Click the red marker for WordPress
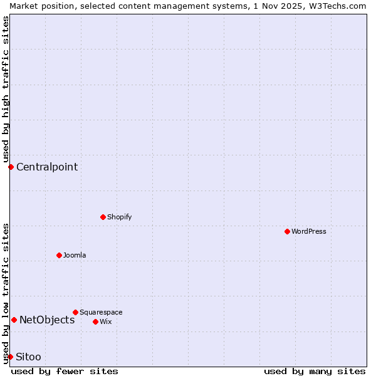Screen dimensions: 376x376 [287, 231]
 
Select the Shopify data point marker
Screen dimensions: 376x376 [103, 217]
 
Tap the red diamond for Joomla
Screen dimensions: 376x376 [59, 255]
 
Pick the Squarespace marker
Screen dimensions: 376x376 [75, 312]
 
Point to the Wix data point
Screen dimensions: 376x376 [95, 321]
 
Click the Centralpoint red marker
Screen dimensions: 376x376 [11, 167]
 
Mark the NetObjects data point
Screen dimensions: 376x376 [14, 320]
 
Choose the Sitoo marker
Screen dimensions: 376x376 [10, 357]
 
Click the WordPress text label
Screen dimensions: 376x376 [309, 231]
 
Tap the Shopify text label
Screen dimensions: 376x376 [120, 217]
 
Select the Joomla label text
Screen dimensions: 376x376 [75, 255]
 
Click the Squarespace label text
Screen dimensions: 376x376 [101, 312]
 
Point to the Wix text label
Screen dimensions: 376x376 [106, 321]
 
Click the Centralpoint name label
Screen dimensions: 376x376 [47, 167]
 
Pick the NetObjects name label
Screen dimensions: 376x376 [47, 320]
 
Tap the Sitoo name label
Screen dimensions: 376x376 [29, 357]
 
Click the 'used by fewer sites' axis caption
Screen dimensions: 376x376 [65, 371]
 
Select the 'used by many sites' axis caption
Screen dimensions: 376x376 [315, 371]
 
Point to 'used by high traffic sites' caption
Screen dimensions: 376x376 [6, 88]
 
